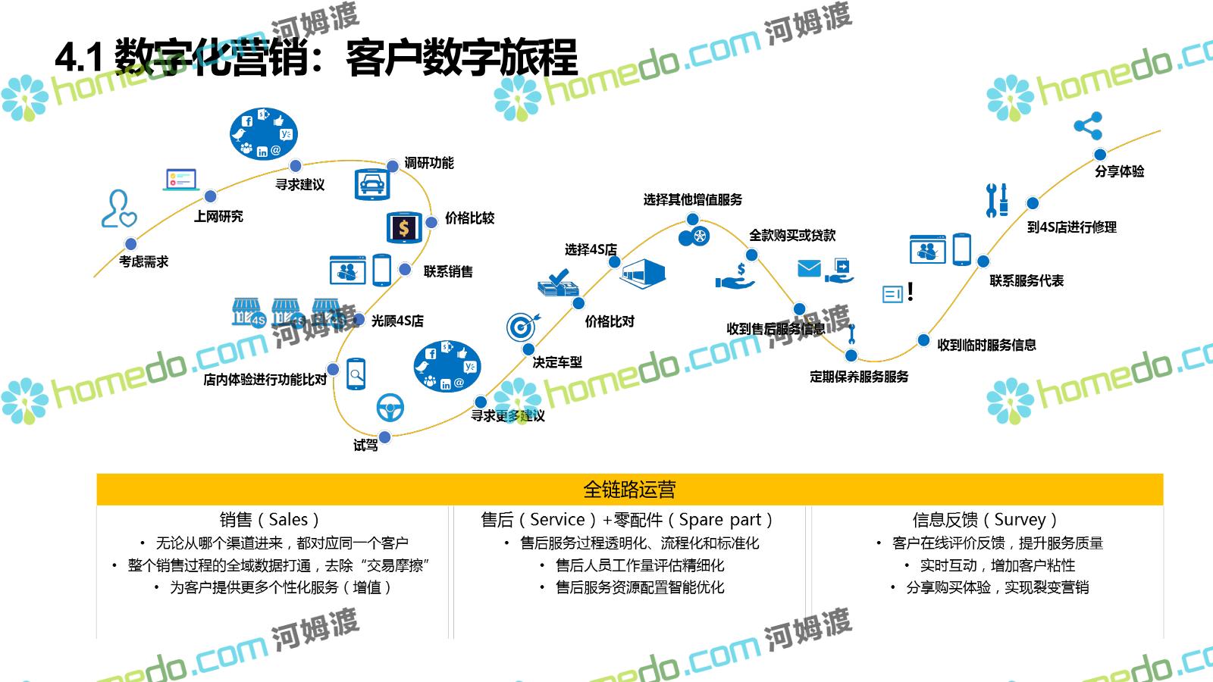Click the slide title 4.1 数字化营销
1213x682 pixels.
coord(316,57)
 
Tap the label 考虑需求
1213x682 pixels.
coord(143,261)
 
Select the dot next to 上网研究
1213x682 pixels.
coord(211,196)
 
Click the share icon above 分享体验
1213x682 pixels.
coord(1088,126)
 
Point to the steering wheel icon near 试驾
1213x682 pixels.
coord(390,407)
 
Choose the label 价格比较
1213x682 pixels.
coord(469,218)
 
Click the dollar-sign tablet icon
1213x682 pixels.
coord(404,227)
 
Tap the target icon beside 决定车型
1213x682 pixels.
coord(522,327)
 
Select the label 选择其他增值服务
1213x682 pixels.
coord(692,199)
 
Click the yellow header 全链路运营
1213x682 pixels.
coord(629,490)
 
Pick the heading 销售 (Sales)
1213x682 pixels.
coord(269,520)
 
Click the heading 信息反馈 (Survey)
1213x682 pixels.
coord(984,520)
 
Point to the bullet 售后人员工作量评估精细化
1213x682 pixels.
coord(639,565)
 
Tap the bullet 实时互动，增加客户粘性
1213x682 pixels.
coord(997,565)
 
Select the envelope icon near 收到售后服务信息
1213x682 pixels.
coord(809,268)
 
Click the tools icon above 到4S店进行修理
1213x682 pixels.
coord(997,200)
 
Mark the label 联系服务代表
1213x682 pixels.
coord(1026,281)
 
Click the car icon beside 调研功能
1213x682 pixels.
coord(372,184)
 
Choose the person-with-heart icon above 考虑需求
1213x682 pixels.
coord(119,209)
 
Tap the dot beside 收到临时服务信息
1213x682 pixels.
coord(923,340)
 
